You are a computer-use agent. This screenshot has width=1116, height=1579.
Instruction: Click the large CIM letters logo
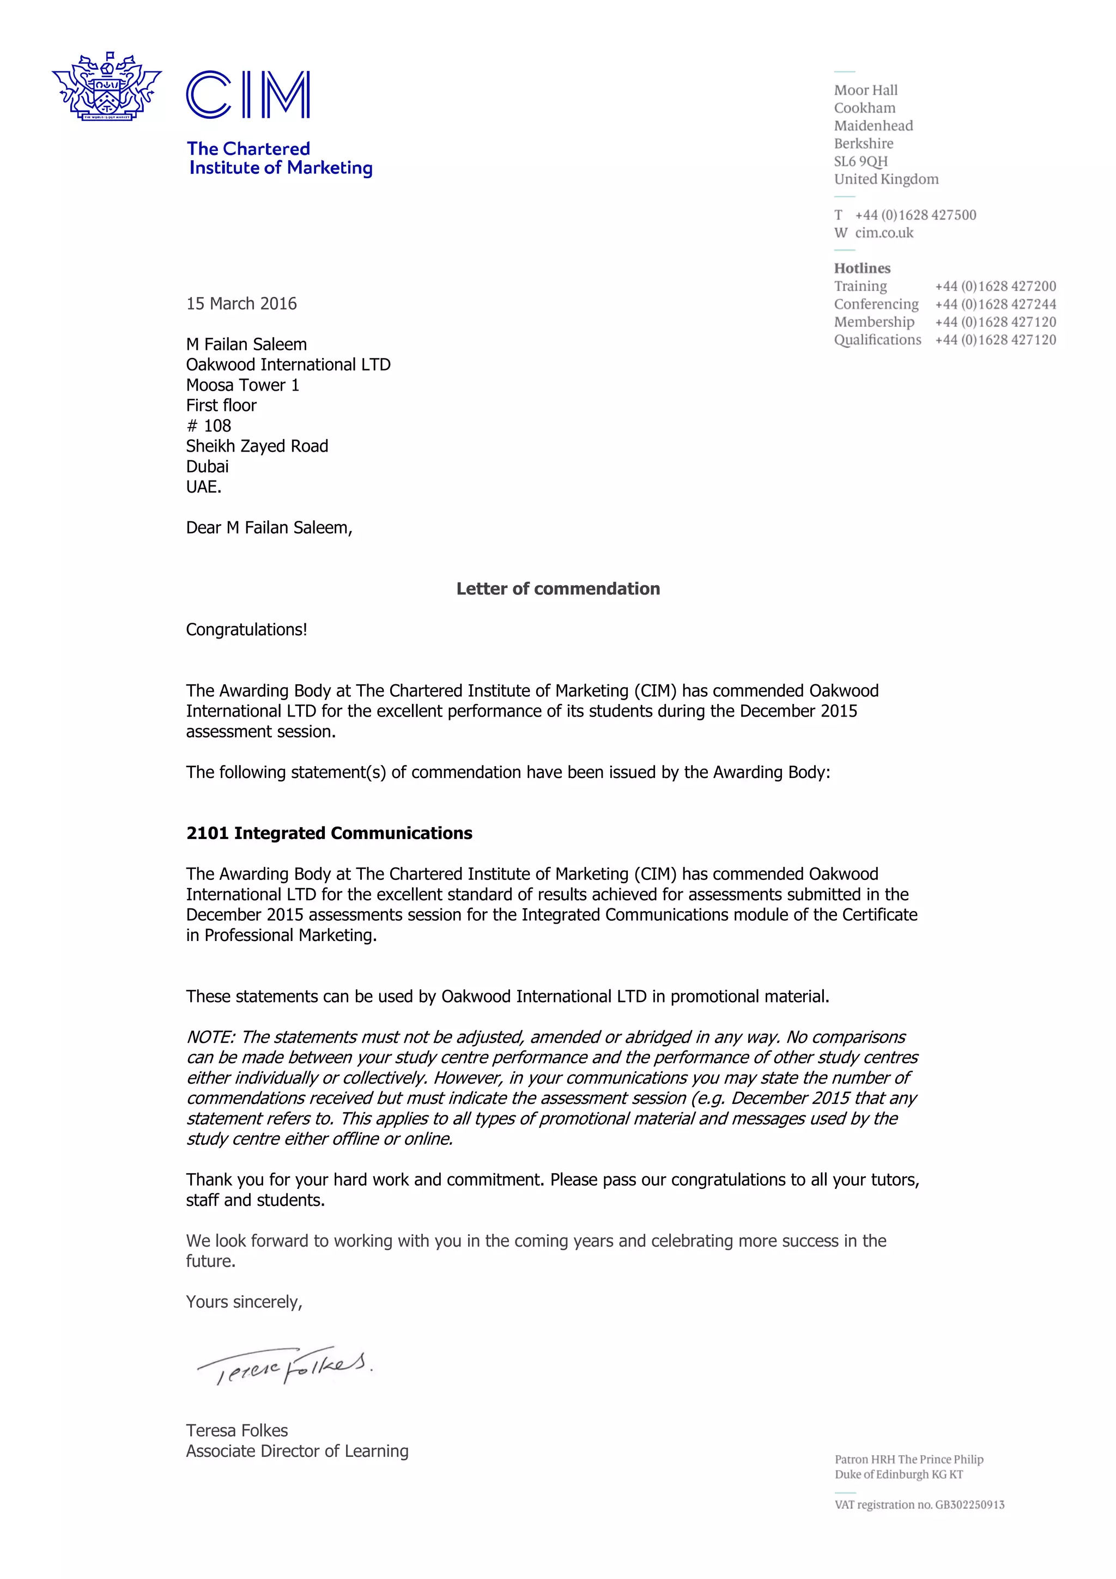click(247, 95)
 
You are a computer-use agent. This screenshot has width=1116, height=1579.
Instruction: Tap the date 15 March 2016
click(241, 304)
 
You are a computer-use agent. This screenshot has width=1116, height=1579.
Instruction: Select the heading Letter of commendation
click(557, 588)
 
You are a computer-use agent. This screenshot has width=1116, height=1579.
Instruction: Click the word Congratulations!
click(246, 629)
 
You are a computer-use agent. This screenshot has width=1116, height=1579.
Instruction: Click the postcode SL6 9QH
click(860, 162)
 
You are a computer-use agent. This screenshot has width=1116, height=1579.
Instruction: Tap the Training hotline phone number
click(995, 286)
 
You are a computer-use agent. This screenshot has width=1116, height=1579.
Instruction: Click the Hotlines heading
click(862, 268)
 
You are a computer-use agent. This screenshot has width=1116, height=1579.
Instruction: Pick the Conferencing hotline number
click(995, 304)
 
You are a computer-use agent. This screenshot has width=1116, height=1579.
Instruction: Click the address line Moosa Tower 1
click(242, 385)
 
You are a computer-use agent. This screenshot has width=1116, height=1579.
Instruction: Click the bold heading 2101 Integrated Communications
click(329, 833)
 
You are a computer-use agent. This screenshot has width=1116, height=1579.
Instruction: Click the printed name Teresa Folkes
click(236, 1430)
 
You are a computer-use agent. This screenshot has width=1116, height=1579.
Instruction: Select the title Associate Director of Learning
click(297, 1451)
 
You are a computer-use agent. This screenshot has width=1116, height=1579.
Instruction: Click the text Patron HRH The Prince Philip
click(908, 1459)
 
